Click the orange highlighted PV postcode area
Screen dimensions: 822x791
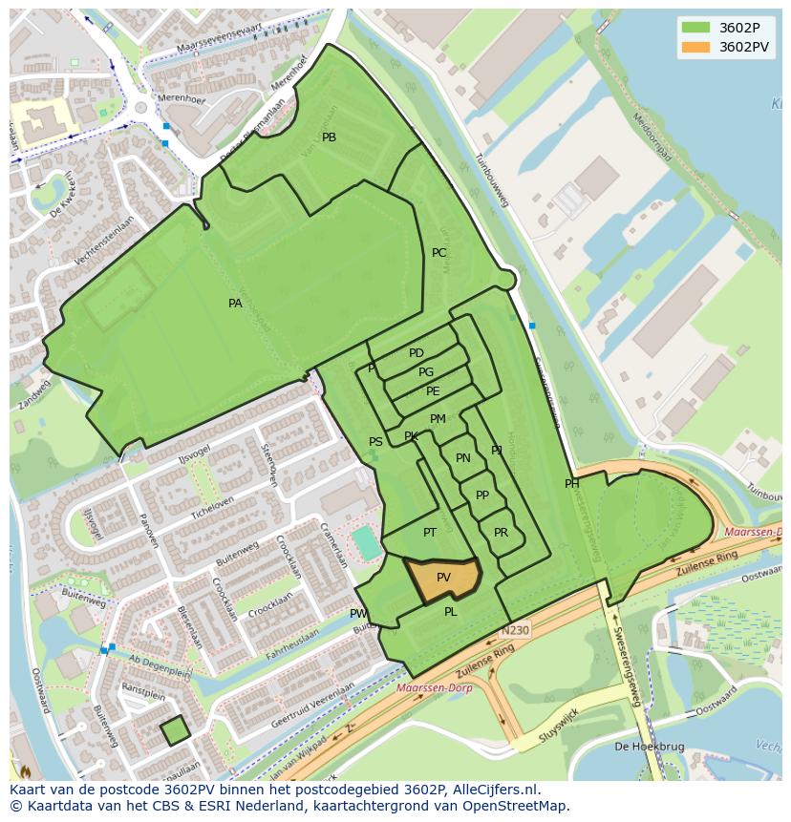[x=442, y=579]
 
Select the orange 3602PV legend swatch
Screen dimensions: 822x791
[x=695, y=47]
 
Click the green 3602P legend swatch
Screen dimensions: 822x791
[x=695, y=27]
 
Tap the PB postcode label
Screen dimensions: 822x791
[x=329, y=137]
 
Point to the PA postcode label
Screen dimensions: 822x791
[x=235, y=304]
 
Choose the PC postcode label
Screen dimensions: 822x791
[x=438, y=253]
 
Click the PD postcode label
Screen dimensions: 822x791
[x=416, y=353]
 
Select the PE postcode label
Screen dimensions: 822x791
[x=433, y=391]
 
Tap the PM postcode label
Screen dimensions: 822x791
[x=438, y=419]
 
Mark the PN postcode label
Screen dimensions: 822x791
[x=462, y=458]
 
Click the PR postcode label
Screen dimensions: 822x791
[x=501, y=533]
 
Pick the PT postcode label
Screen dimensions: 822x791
[x=430, y=533]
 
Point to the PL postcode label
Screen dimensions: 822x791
[x=450, y=612]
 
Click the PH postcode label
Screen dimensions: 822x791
[x=571, y=484]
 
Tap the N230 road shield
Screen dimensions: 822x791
[x=513, y=631]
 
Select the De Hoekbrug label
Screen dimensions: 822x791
[x=646, y=747]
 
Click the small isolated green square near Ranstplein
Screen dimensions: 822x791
[x=174, y=731]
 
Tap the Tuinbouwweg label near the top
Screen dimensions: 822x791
[x=496, y=180]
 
